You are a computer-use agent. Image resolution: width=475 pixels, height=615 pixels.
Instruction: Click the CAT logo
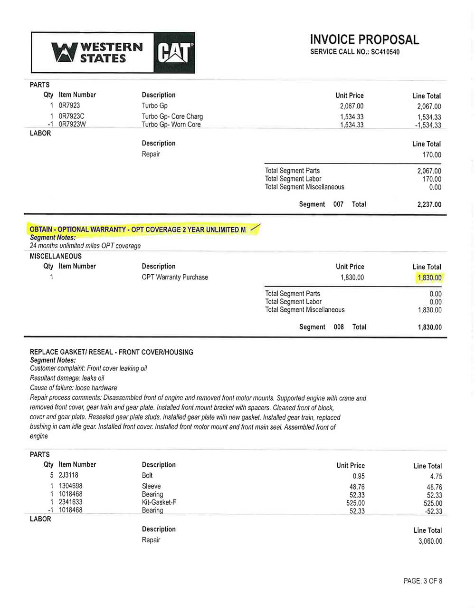pyautogui.click(x=174, y=53)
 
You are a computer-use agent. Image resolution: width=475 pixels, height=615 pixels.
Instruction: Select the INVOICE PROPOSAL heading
pyautogui.click(x=364, y=39)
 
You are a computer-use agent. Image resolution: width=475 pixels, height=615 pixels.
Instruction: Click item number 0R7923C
pyautogui.click(x=72, y=116)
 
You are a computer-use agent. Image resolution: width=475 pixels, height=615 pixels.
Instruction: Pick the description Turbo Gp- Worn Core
pyautogui.click(x=171, y=125)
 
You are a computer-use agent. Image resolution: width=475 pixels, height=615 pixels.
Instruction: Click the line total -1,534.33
pyautogui.click(x=428, y=125)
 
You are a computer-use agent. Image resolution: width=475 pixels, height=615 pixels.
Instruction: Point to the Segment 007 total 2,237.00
pyautogui.click(x=429, y=204)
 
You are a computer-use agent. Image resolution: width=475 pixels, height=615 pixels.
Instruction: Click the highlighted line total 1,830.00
pyautogui.click(x=429, y=278)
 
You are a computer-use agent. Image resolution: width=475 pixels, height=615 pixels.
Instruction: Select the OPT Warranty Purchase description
pyautogui.click(x=175, y=277)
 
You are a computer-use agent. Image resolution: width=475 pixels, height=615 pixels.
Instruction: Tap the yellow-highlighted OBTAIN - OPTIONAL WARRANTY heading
pyautogui.click(x=138, y=230)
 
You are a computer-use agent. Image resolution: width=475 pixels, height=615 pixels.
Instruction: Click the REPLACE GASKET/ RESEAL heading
pyautogui.click(x=112, y=352)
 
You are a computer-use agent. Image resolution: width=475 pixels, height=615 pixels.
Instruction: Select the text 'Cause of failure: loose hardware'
pyautogui.click(x=73, y=388)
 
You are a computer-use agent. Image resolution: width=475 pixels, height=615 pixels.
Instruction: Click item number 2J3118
pyautogui.click(x=68, y=475)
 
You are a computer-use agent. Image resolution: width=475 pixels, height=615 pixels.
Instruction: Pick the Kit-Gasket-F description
pyautogui.click(x=159, y=502)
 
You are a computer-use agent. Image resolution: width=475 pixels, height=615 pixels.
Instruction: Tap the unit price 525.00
pyautogui.click(x=355, y=503)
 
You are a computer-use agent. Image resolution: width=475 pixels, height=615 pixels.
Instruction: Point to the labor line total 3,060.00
pyautogui.click(x=430, y=541)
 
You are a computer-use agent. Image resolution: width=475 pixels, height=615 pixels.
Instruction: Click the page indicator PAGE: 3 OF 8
pyautogui.click(x=423, y=581)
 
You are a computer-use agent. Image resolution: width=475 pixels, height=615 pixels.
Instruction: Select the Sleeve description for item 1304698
pyautogui.click(x=151, y=486)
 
